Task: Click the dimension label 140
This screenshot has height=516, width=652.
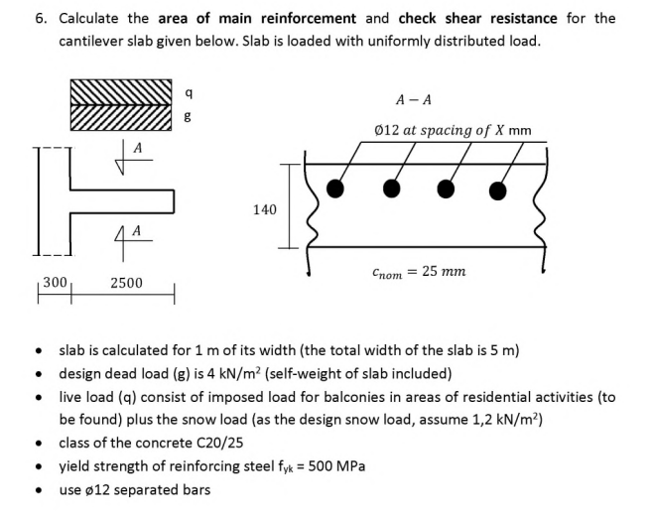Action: (x=264, y=209)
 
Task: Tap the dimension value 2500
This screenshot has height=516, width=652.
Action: (x=125, y=283)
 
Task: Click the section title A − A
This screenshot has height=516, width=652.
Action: (x=413, y=99)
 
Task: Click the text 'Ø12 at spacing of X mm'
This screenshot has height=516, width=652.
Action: (x=453, y=130)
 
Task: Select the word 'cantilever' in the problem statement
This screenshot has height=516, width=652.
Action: (x=92, y=41)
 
